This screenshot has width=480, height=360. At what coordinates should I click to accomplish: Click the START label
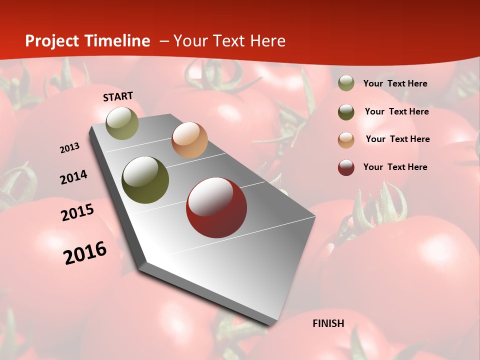click(x=118, y=96)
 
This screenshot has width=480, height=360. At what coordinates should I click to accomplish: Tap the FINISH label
click(x=328, y=323)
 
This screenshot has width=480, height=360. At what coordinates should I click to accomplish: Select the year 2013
click(x=70, y=148)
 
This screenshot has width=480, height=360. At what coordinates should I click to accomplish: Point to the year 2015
click(x=77, y=212)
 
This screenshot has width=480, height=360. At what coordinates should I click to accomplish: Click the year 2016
click(x=85, y=252)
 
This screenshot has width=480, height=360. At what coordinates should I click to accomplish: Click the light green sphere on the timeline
click(x=122, y=123)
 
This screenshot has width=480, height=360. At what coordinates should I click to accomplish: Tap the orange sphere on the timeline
click(x=189, y=139)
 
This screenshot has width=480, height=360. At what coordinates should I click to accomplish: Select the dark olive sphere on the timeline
click(x=145, y=180)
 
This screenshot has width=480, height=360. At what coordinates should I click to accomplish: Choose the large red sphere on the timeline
click(x=216, y=207)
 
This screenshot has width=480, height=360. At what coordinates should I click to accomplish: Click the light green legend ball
click(x=346, y=83)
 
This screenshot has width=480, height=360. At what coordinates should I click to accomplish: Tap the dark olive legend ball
click(x=346, y=112)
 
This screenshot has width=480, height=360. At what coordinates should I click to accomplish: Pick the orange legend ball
click(x=346, y=140)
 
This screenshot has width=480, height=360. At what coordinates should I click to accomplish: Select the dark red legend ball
click(x=346, y=167)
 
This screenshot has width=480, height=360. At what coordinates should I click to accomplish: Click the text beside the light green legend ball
click(x=395, y=83)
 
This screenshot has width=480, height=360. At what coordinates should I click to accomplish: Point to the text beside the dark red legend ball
click(x=395, y=167)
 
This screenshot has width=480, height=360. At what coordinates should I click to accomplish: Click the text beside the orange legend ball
click(x=397, y=139)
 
